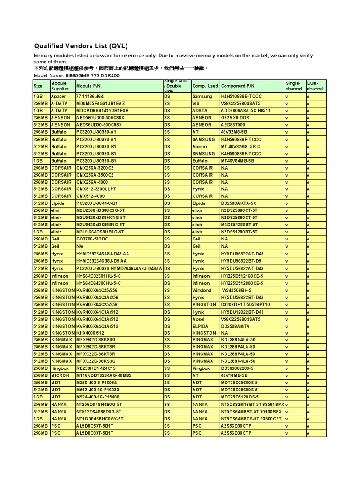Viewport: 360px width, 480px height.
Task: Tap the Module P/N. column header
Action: click(89, 86)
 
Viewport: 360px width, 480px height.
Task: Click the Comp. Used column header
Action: click(205, 86)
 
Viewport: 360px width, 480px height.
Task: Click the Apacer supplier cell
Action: click(59, 96)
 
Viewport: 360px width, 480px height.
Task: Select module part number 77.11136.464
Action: click(90, 96)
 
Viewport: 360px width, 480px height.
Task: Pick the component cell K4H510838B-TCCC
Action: click(241, 96)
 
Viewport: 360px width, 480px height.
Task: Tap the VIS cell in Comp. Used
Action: click(196, 103)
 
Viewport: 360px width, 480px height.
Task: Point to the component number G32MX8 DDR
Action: click(236, 118)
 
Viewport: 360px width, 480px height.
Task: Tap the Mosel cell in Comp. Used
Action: click(199, 319)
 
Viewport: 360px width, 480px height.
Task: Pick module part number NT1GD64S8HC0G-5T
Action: click(100, 419)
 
